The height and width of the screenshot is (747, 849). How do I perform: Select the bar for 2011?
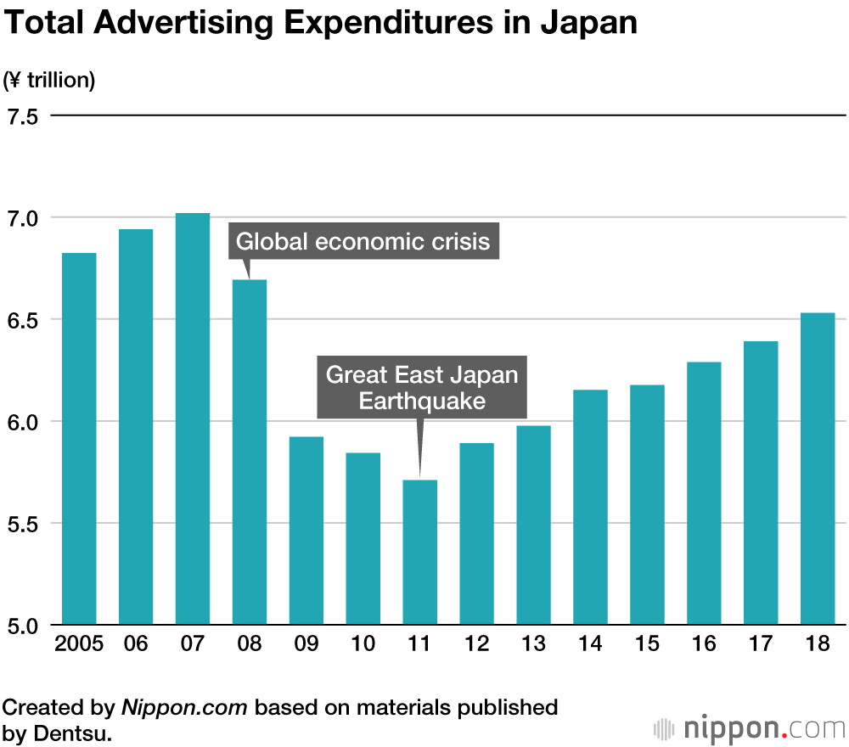[x=419, y=552]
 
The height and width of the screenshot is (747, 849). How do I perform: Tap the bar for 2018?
[x=818, y=469]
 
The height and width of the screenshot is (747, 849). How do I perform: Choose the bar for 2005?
[x=79, y=438]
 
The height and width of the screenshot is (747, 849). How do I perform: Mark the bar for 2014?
[x=590, y=507]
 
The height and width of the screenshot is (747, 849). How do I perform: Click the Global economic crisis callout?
[x=363, y=242]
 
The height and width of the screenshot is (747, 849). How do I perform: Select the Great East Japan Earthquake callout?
[x=422, y=387]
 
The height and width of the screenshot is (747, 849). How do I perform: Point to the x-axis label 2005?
[x=79, y=643]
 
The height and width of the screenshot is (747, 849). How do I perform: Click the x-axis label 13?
[x=533, y=643]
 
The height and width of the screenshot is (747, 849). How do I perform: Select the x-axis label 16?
[x=704, y=643]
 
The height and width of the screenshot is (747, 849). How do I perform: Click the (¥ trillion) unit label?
[x=50, y=81]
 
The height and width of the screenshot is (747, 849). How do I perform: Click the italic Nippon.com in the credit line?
[x=185, y=707]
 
